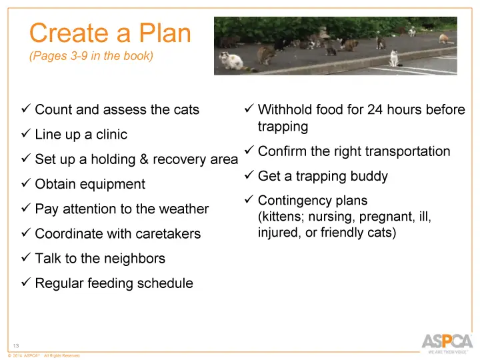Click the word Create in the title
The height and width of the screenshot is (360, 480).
click(x=68, y=33)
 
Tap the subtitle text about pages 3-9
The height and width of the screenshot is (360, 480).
click(x=91, y=56)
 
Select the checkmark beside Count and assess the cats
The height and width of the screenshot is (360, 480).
click(x=25, y=109)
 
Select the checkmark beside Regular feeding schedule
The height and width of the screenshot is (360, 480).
click(x=25, y=283)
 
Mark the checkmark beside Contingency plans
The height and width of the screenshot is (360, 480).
click(x=247, y=201)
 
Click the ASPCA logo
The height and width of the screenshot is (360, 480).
click(x=447, y=341)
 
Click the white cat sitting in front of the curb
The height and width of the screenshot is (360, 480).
click(x=233, y=61)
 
